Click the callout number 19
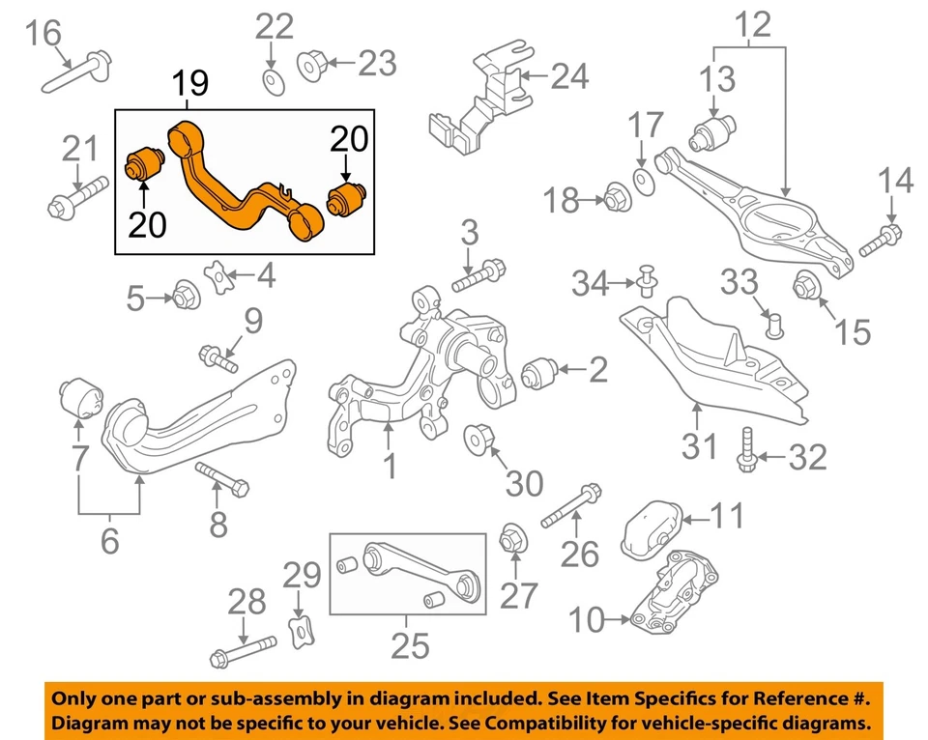coord(190,84)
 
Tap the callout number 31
coord(700,445)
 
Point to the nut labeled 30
coord(480,440)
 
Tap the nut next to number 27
coord(512,536)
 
